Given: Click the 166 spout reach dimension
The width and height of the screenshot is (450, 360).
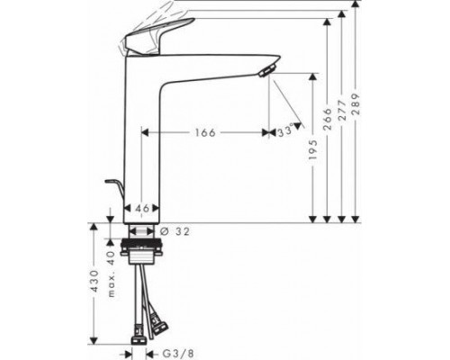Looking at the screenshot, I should (206, 132).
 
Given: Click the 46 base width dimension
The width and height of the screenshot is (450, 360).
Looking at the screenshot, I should (141, 209).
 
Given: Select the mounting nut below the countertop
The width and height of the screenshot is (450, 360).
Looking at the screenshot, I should (141, 247).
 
